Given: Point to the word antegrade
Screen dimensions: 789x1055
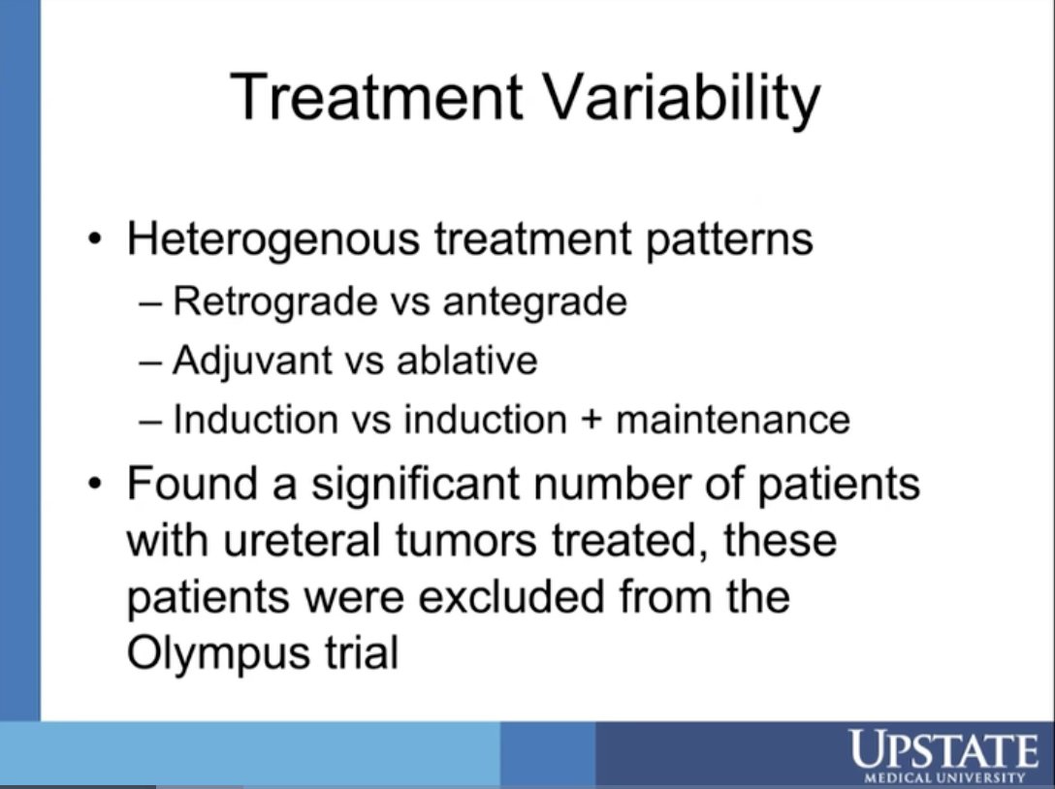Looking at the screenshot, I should pos(534,302).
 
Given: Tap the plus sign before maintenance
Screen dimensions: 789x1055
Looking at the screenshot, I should pos(591,421).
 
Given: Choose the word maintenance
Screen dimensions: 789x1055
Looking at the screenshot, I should pos(733,420).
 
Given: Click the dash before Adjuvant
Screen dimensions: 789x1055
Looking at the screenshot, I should pos(150,362).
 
